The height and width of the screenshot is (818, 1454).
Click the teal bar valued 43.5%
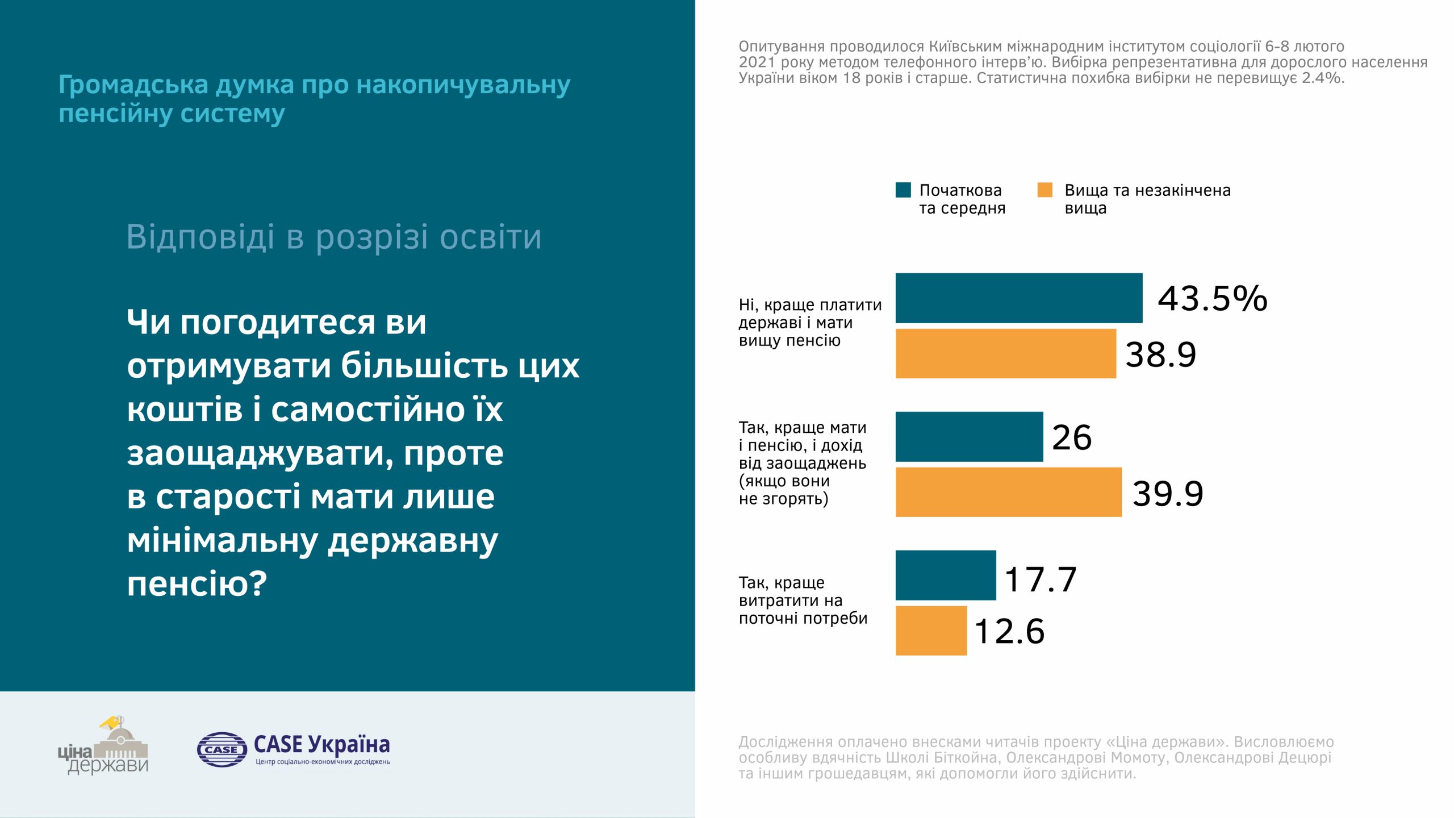[x=1018, y=298]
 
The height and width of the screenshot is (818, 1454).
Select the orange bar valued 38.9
[x=1005, y=353]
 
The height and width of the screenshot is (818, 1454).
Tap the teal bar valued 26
[x=969, y=437]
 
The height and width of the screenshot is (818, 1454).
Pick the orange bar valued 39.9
[x=1008, y=492]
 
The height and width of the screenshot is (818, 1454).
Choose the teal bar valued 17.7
[x=946, y=575]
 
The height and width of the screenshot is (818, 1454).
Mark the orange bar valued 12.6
[x=931, y=631]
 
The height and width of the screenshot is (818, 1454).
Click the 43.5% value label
[x=1212, y=298]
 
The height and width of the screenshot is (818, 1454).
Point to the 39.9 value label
[x=1168, y=493]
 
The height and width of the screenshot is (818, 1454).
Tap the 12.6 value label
[x=1009, y=631]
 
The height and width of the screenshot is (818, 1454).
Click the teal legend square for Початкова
[x=903, y=190]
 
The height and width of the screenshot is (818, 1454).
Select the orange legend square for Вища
[x=1044, y=190]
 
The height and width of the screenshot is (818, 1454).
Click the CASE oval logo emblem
[x=222, y=749]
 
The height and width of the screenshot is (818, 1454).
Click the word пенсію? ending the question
[x=197, y=583]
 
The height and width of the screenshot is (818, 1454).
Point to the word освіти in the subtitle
[x=491, y=237]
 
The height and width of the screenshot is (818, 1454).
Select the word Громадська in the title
[x=133, y=85]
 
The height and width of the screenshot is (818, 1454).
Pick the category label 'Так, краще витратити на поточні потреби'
[x=803, y=600]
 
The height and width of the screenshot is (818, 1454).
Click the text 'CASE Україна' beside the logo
[x=321, y=744]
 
